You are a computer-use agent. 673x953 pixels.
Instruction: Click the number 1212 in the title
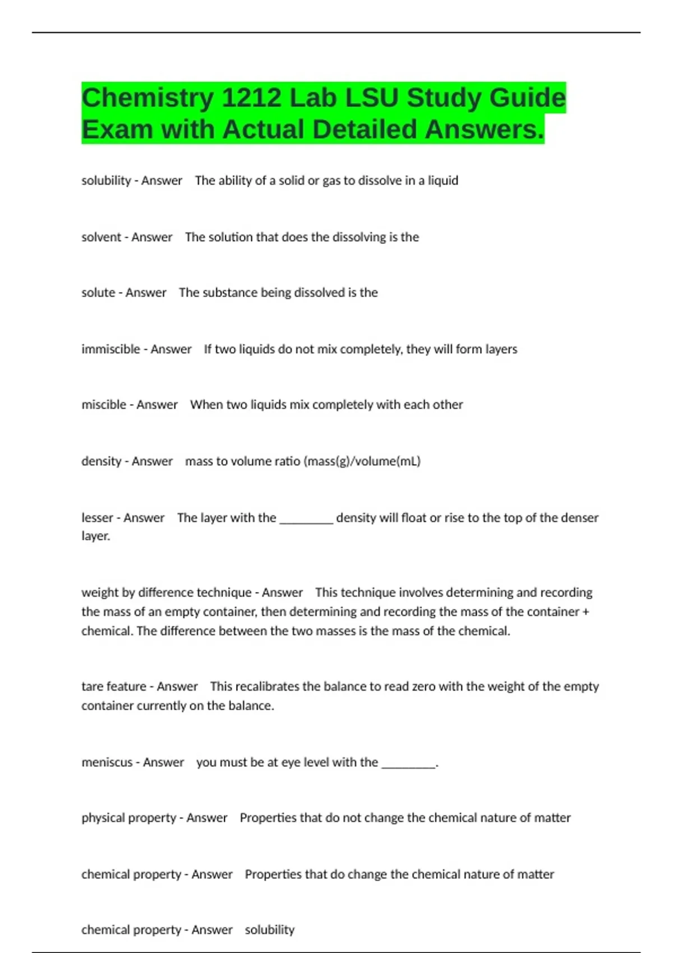click(251, 98)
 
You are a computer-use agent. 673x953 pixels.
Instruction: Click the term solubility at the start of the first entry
click(106, 181)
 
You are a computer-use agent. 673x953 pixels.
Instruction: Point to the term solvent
click(102, 237)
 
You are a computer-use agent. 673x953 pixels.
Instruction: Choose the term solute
click(98, 293)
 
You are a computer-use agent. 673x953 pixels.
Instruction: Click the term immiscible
click(110, 349)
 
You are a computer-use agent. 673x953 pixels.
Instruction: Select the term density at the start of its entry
click(102, 461)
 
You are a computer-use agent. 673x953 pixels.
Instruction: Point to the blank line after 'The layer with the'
click(306, 519)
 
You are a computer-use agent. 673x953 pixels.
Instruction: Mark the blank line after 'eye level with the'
click(408, 763)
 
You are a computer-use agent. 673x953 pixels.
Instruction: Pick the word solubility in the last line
click(269, 930)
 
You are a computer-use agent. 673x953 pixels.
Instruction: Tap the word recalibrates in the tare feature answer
click(266, 687)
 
